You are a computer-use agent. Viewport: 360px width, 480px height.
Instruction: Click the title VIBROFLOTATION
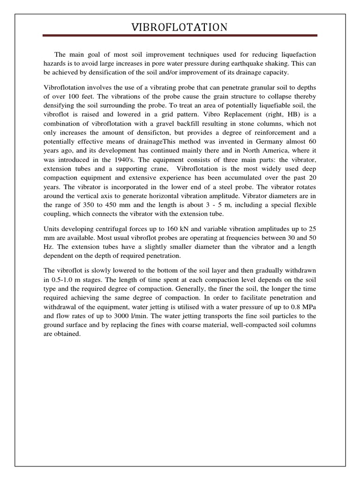(180, 28)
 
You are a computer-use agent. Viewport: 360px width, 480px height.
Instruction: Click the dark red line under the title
(180, 36)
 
